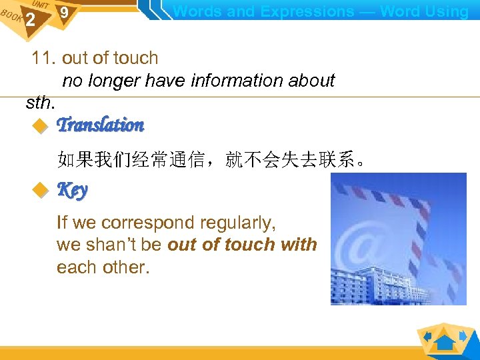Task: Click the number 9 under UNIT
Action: pos(63,13)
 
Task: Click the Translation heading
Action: pos(100,125)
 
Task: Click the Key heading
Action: pos(72,191)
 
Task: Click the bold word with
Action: pos(299,245)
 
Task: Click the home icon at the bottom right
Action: pos(445,342)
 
